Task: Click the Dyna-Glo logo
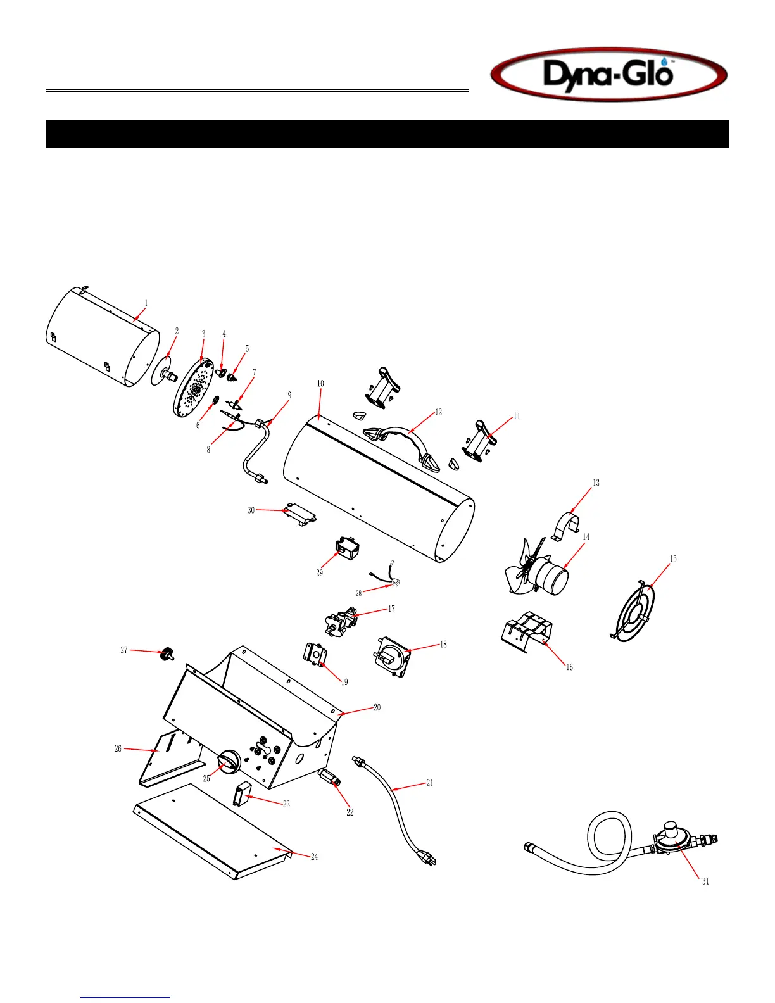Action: click(x=608, y=75)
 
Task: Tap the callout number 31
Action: click(x=705, y=881)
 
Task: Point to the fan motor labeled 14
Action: click(x=550, y=576)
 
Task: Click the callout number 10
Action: click(x=320, y=384)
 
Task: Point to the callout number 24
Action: click(x=314, y=857)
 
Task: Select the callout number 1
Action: click(x=146, y=303)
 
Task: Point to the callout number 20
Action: click(x=377, y=707)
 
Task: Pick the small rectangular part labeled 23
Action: click(x=241, y=794)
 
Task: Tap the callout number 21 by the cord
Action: click(x=429, y=783)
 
